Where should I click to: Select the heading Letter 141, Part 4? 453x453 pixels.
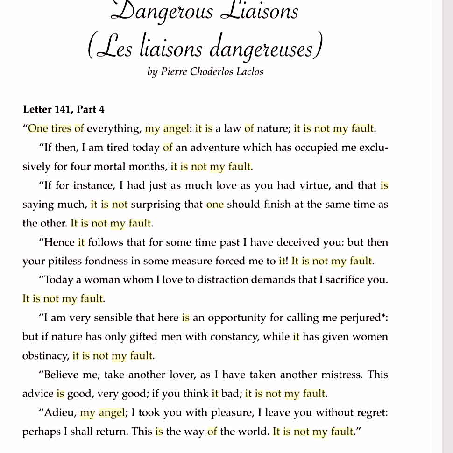tap(64, 110)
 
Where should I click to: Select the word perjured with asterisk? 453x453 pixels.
tap(360, 318)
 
